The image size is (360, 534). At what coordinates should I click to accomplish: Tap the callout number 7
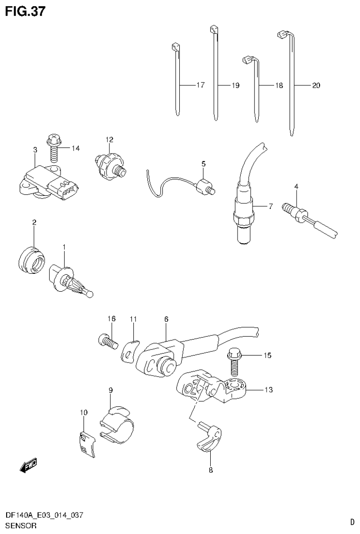pos(270,206)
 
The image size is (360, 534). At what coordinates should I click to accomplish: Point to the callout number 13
pos(268,389)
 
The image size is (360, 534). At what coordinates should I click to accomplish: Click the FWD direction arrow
pos(28,466)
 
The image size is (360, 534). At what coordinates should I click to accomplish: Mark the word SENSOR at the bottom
pos(21,526)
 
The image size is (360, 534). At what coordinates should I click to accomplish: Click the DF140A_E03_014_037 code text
pos(44,516)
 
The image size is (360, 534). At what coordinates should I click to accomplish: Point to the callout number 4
pos(296,187)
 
